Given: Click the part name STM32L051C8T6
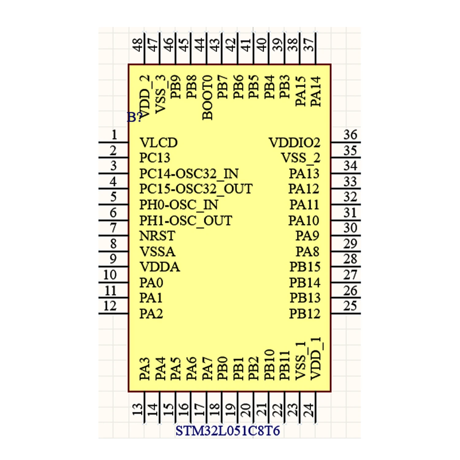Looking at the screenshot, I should click(x=228, y=431).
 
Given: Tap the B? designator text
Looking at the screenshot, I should click(x=134, y=117).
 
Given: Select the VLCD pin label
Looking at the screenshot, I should click(x=158, y=143).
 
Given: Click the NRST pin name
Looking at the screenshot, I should click(x=157, y=236).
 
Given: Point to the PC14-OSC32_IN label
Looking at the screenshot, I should click(x=189, y=174).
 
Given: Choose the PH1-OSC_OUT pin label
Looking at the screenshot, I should click(x=186, y=220).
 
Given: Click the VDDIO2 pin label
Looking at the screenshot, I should click(x=294, y=143).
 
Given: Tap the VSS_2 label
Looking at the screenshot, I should click(x=301, y=158).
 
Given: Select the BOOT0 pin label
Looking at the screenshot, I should click(x=208, y=98).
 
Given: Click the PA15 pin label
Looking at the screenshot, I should click(x=301, y=91).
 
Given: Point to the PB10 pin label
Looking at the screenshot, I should click(x=269, y=365).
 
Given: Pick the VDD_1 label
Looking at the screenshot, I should click(x=316, y=358).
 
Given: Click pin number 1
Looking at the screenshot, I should click(x=114, y=135).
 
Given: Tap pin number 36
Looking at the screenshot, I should click(x=350, y=135).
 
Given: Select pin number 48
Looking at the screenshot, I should click(x=137, y=45).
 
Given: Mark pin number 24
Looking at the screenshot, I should click(x=309, y=410).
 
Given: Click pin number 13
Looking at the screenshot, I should click(x=137, y=410).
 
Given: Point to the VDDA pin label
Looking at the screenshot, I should click(x=159, y=267).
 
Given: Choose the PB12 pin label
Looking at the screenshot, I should click(x=305, y=313).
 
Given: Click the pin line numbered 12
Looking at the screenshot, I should click(x=113, y=313).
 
